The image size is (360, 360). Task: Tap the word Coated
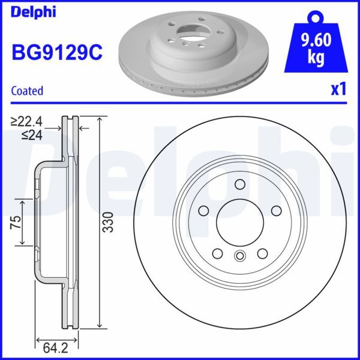click(x=28, y=91)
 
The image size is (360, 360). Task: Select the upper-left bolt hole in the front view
click(x=202, y=211)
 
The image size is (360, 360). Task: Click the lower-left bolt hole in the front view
click(x=217, y=254)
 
